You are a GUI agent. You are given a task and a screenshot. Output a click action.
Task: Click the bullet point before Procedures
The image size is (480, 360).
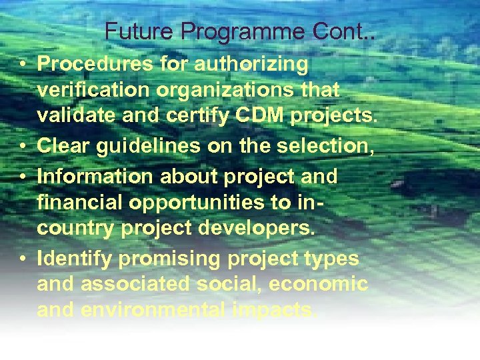pyautogui.click(x=23, y=65)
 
